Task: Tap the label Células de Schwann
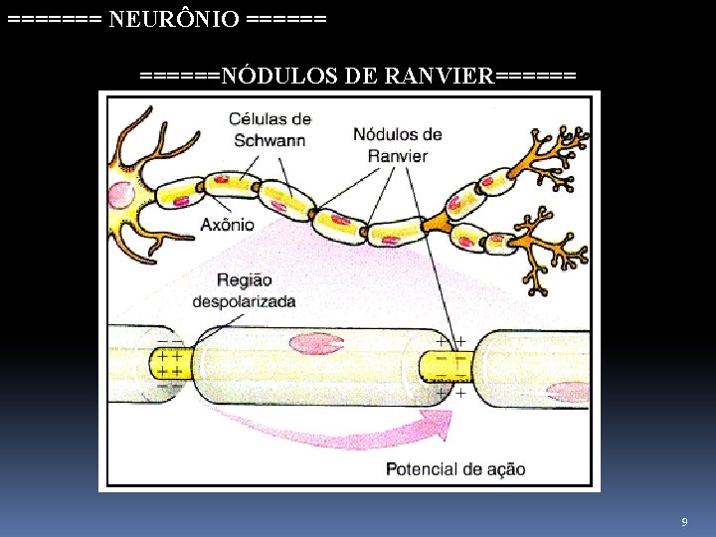click(x=269, y=129)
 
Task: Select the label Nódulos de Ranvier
click(x=398, y=145)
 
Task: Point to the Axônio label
click(x=228, y=225)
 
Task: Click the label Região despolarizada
click(x=243, y=290)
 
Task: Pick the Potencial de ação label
click(x=454, y=469)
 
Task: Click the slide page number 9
click(x=684, y=522)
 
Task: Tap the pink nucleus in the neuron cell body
click(x=121, y=194)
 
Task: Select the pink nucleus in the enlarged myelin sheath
click(x=316, y=344)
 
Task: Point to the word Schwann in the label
click(x=269, y=140)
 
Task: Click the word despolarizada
click(x=243, y=301)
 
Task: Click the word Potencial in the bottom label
click(x=421, y=469)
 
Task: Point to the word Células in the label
click(x=256, y=119)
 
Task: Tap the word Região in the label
click(x=243, y=280)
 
